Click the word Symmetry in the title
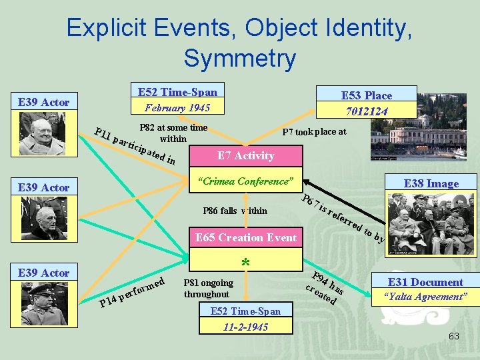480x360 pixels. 239,58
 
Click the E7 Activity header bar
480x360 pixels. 245,155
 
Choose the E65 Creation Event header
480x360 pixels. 245,238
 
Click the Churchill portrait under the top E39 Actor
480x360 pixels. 42,133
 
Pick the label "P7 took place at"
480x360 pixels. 314,132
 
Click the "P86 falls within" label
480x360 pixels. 235,211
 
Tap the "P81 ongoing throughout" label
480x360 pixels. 208,288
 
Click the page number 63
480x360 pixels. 453,336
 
